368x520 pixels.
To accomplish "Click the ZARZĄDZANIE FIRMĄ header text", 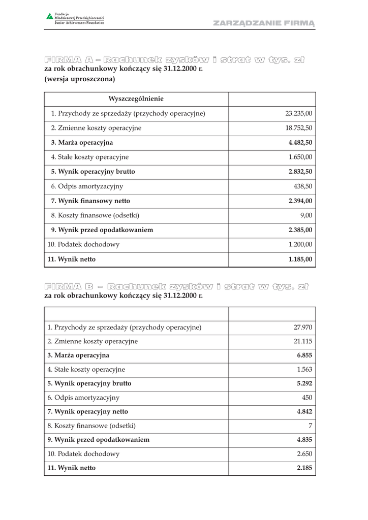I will pos(264,23).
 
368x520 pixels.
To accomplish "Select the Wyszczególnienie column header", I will pos(136,99).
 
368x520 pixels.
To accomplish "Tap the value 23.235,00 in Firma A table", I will pos(299,114).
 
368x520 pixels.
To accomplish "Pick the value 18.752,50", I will pos(299,128).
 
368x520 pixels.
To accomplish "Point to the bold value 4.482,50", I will pos(300,143).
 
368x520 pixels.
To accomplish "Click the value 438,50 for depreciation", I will pos(303,186).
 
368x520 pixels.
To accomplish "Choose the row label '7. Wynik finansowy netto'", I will pos(90,201).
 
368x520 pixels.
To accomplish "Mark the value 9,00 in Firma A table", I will pos(306,216).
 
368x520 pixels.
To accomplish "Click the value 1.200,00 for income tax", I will pos(300,245).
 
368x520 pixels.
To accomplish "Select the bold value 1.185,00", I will pos(300,259).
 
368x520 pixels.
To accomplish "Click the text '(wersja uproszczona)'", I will pos(80,79).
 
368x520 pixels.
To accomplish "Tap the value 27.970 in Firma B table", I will pos(303,328).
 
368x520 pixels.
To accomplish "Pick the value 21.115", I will pos(303,342).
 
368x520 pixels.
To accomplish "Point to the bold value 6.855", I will pos(304,355).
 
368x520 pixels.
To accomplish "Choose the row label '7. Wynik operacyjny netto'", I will pos(88,412).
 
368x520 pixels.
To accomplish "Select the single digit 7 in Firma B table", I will pos(310,426).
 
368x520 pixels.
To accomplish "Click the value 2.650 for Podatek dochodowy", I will pos(304,454).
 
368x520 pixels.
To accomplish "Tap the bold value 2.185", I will pos(304,468).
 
